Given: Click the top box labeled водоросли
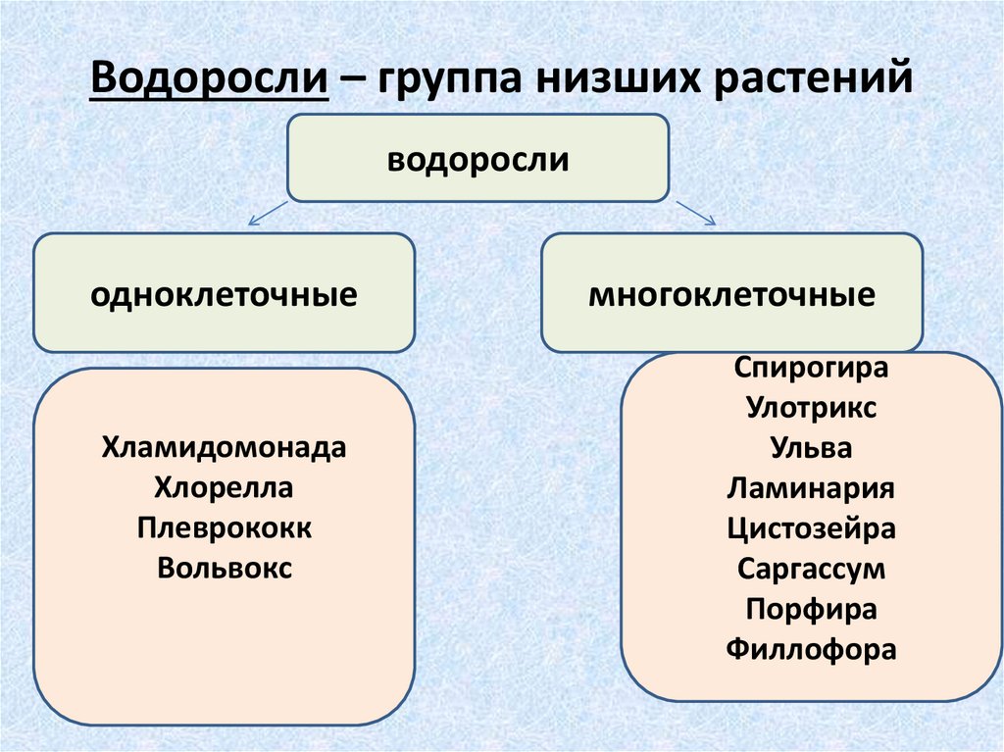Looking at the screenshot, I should [477, 158].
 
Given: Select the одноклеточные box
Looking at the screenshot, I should [224, 292].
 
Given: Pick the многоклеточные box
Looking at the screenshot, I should [731, 292].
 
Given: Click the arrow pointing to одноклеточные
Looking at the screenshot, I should [268, 213].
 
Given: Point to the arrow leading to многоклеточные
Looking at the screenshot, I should [695, 212].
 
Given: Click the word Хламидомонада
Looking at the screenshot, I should [224, 448].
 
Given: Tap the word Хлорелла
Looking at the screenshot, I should [224, 487].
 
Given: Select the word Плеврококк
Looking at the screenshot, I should [224, 527].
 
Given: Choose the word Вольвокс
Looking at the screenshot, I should [224, 568].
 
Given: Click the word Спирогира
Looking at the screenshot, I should [811, 369].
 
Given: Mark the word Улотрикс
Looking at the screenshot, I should [811, 408].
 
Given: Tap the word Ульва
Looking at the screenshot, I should [811, 448].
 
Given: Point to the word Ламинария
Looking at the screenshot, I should [811, 488].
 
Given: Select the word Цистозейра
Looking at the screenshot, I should [811, 528].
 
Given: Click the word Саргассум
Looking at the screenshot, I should [811, 569].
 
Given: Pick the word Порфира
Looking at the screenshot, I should [811, 609].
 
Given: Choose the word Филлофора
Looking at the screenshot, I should [811, 649].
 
